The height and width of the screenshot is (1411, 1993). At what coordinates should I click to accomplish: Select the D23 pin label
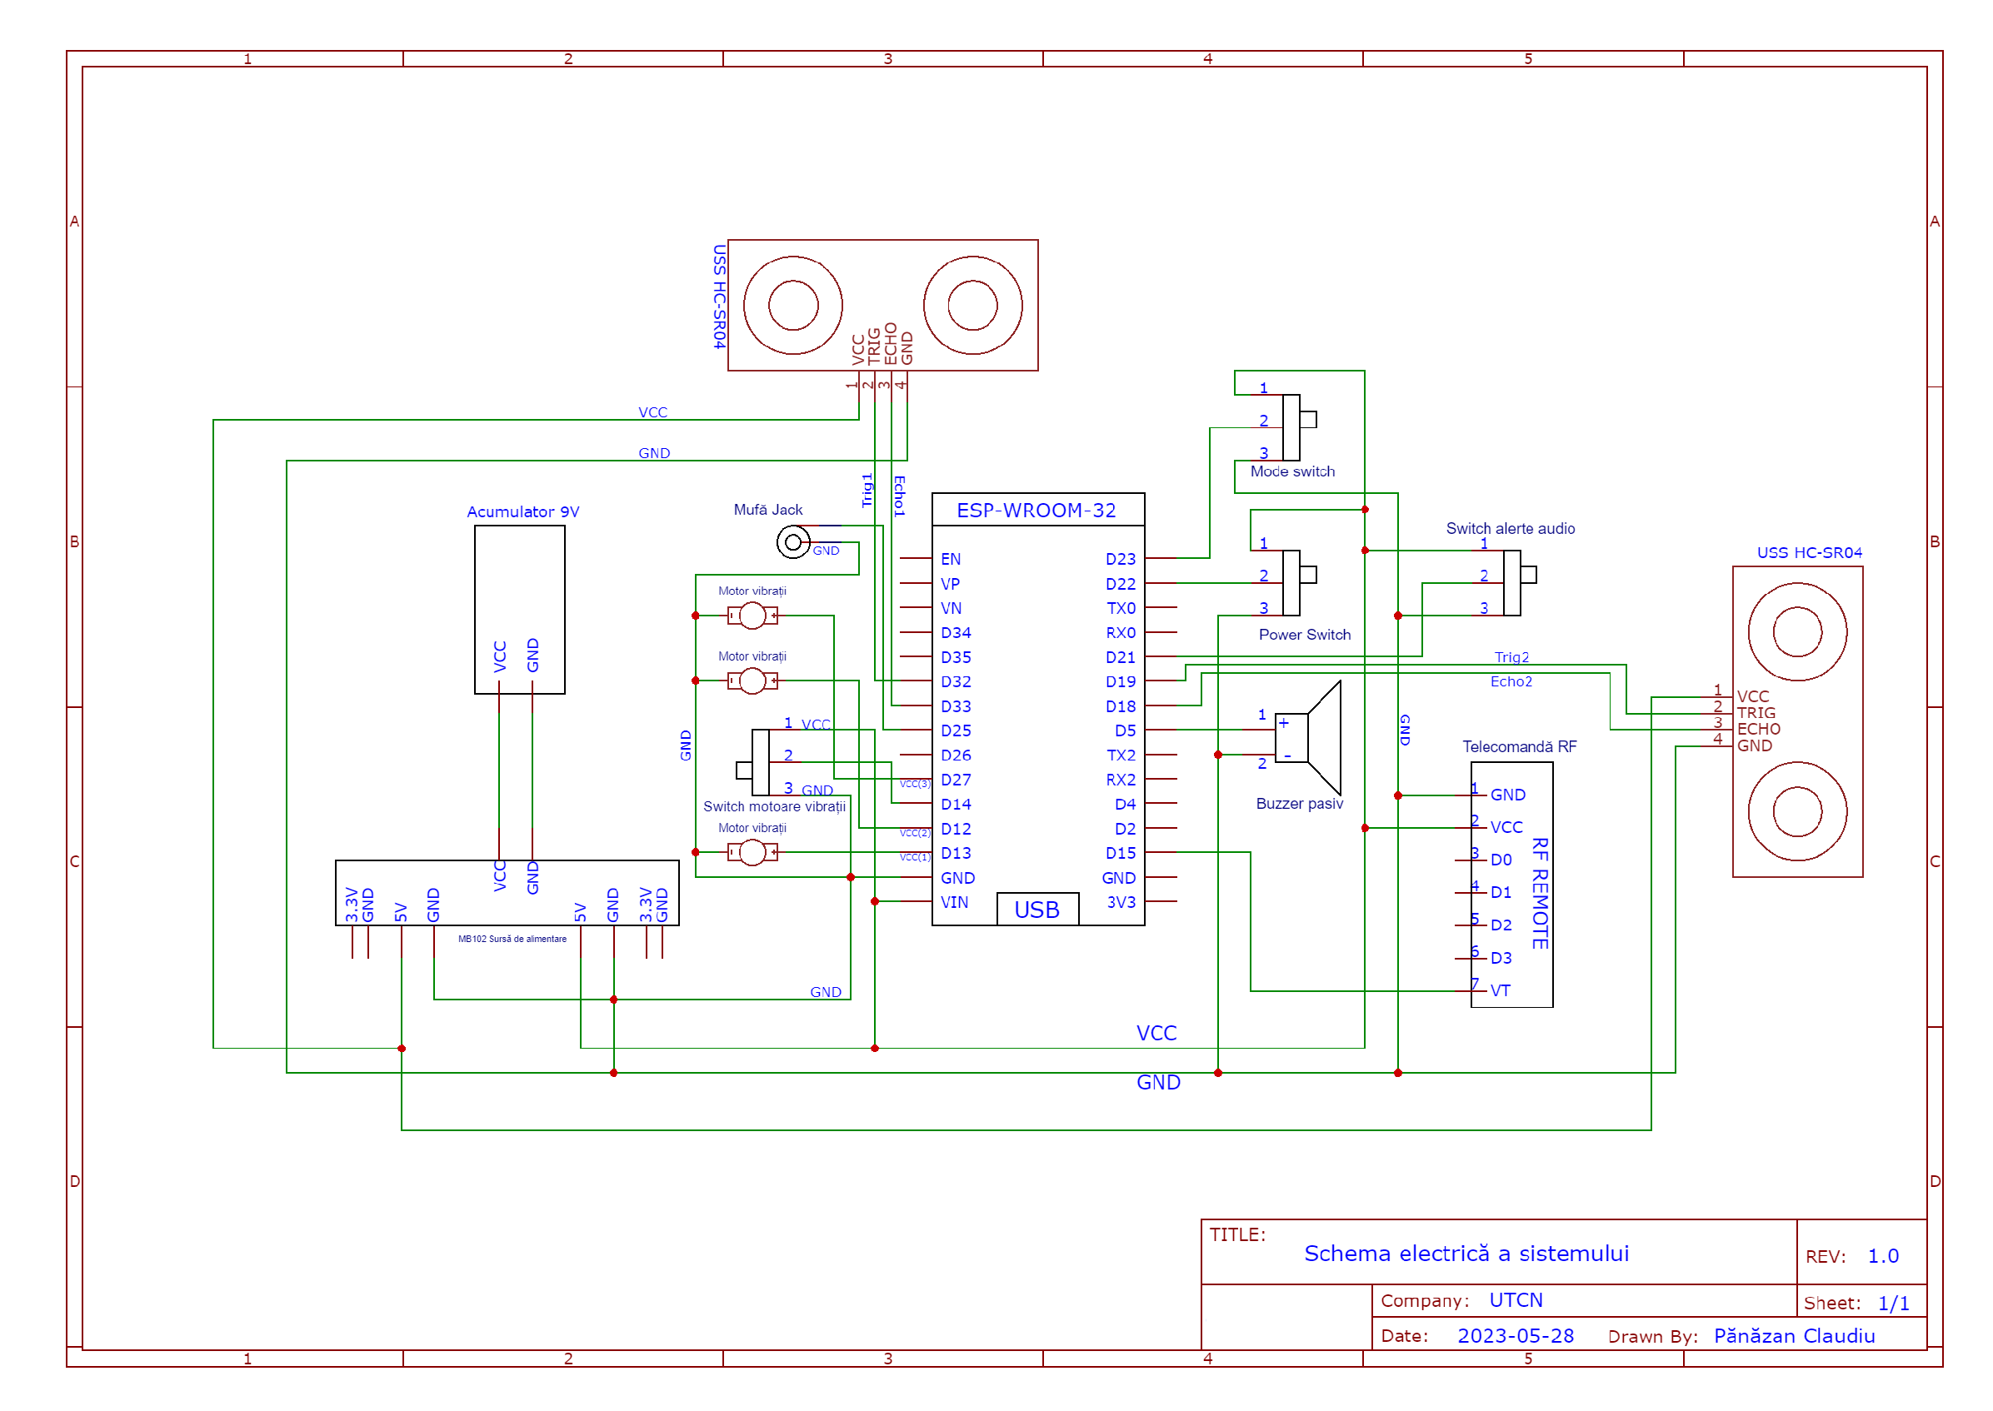tap(1120, 559)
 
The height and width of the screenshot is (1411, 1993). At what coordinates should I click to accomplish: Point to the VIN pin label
tap(953, 902)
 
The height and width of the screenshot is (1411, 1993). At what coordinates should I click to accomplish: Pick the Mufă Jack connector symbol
tap(792, 543)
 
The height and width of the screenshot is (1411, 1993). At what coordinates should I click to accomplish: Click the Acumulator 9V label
tap(522, 511)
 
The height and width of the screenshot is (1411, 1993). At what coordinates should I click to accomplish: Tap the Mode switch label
tap(1291, 471)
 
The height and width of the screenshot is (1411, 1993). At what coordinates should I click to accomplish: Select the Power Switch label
tap(1304, 634)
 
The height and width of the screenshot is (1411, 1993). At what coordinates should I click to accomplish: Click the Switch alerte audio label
tap(1509, 528)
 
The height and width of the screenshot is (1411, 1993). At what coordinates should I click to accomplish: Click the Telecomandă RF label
tap(1518, 746)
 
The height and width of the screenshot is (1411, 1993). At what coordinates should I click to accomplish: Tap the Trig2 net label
tap(1511, 657)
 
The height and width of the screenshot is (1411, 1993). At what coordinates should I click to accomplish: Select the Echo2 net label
tap(1510, 681)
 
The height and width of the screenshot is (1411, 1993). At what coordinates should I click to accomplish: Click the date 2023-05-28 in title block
tap(1515, 1335)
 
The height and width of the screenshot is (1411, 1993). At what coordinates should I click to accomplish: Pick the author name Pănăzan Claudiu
tap(1793, 1335)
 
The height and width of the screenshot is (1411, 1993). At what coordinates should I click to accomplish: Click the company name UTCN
tap(1515, 1299)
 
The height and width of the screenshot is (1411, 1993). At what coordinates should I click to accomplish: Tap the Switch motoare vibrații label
tap(773, 806)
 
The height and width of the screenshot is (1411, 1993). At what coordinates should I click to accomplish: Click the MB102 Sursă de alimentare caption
tap(512, 939)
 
